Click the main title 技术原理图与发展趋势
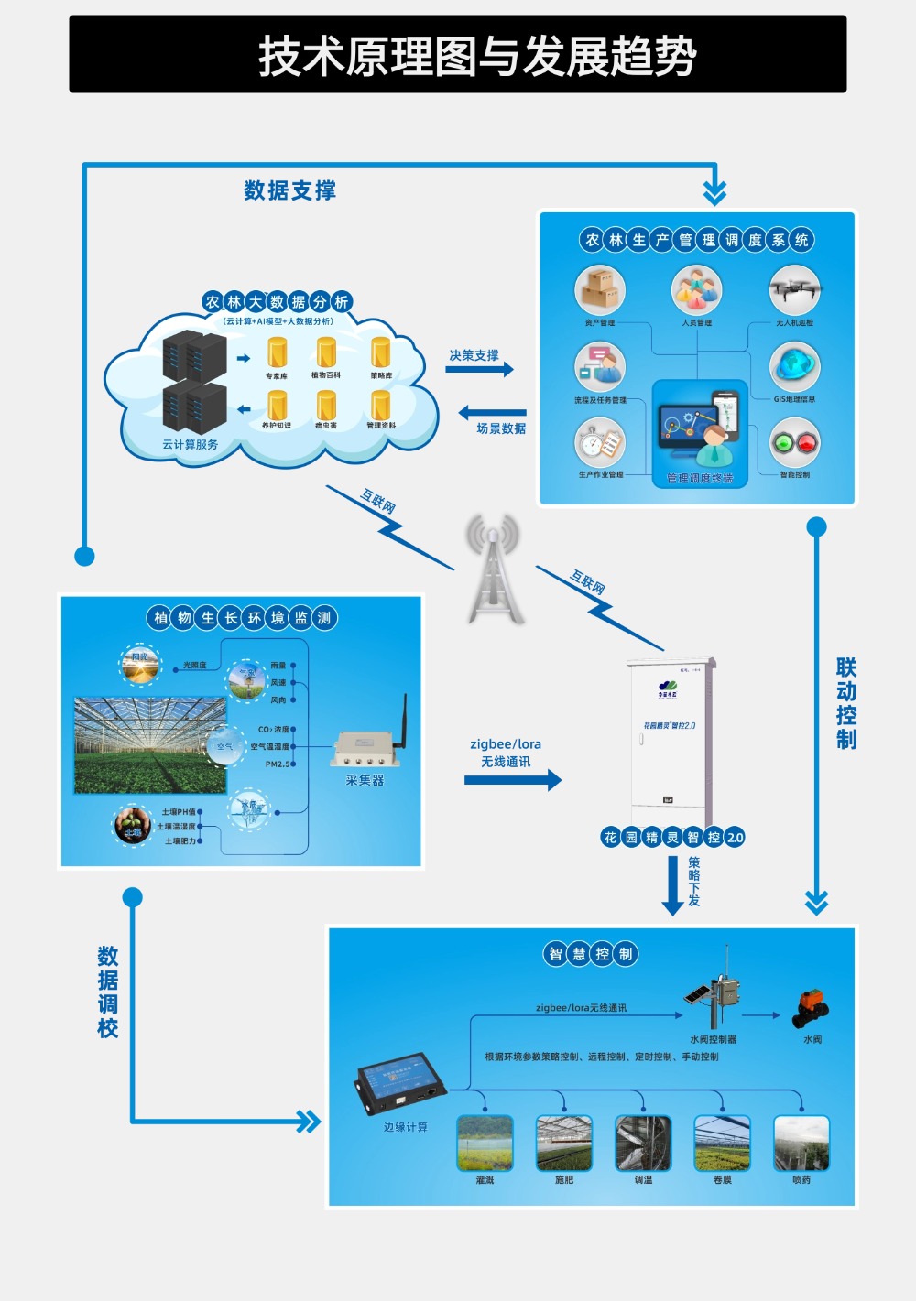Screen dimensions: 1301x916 476,56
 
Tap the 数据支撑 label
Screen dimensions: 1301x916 289,190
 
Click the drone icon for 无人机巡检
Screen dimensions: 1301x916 794,290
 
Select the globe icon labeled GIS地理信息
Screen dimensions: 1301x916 794,366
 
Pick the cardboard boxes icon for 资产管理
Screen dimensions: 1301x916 600,290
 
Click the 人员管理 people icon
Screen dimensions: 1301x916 696,290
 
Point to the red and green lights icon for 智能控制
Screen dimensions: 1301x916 794,443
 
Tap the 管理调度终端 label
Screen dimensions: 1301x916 700,478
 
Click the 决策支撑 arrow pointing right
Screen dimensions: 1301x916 480,370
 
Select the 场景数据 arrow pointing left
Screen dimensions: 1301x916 492,413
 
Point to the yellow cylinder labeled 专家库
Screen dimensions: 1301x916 277,352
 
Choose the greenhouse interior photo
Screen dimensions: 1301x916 149,745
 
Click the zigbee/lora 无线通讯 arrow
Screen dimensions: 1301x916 512,780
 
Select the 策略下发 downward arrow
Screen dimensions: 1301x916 672,885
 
